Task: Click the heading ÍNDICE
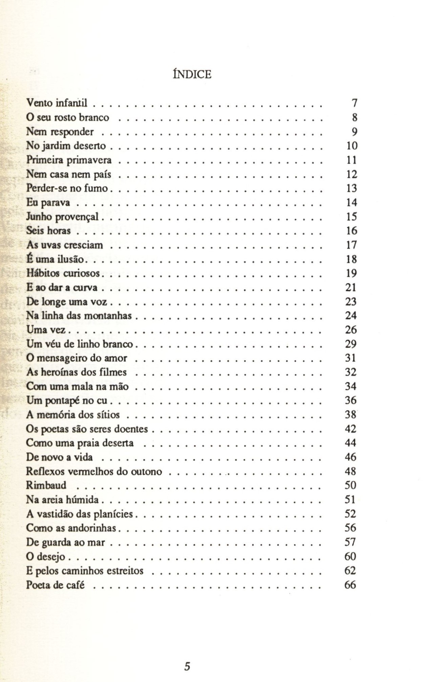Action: click(x=192, y=74)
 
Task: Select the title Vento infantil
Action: click(x=57, y=102)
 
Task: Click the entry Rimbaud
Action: click(x=46, y=485)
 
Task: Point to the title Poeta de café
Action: click(x=55, y=585)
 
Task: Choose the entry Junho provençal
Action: click(x=62, y=217)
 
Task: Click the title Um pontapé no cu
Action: click(x=67, y=401)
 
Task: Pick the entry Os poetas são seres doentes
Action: click(x=87, y=429)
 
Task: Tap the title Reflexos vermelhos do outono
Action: click(x=94, y=472)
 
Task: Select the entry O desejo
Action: click(x=46, y=557)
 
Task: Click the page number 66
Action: click(x=350, y=585)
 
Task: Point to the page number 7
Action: click(x=355, y=102)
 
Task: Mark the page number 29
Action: click(x=351, y=344)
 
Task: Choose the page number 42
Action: click(x=351, y=429)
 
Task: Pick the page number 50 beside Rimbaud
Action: click(x=351, y=485)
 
